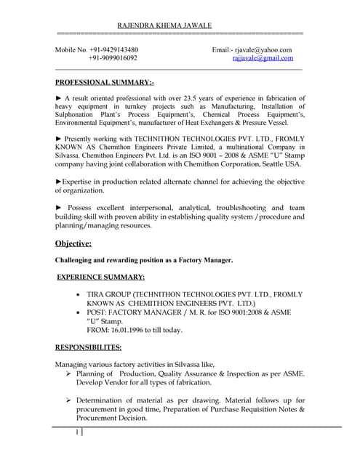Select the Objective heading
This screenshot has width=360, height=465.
pyautogui.click(x=73, y=243)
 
